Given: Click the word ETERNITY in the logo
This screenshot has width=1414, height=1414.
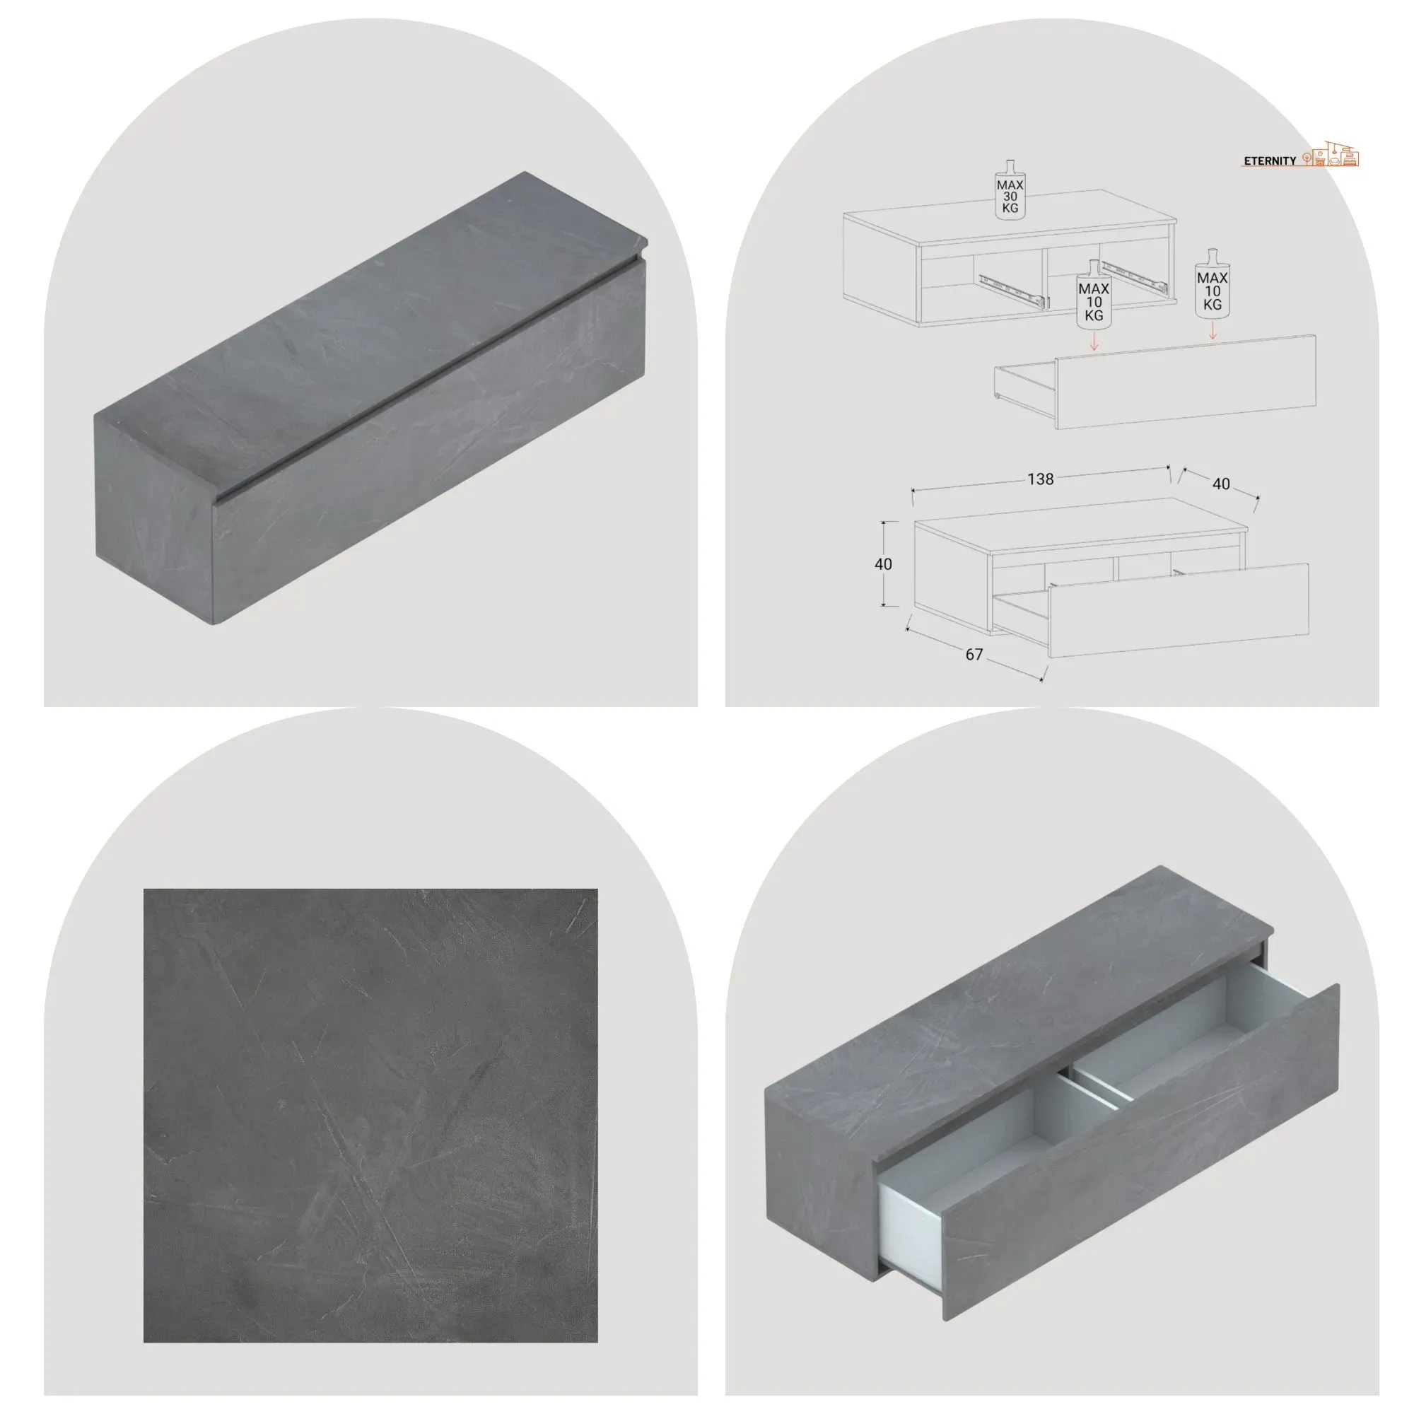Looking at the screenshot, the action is coord(1270,160).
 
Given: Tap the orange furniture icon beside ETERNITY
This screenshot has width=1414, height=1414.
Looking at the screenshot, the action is coord(1331,153).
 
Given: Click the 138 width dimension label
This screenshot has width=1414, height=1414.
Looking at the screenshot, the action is coord(1040,479).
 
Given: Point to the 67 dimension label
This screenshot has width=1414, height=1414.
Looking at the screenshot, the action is coord(974,654).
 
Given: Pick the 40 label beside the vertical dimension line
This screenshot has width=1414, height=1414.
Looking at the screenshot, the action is coord(882,563).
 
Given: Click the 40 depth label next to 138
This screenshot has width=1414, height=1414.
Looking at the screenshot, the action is coord(1221,484).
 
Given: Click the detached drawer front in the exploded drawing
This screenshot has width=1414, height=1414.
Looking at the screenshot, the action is coord(1186,382).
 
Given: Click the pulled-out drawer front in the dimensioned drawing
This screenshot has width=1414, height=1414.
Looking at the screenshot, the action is coord(1179,610).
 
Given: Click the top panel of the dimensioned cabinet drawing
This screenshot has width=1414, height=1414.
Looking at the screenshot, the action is coord(1081,524).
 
